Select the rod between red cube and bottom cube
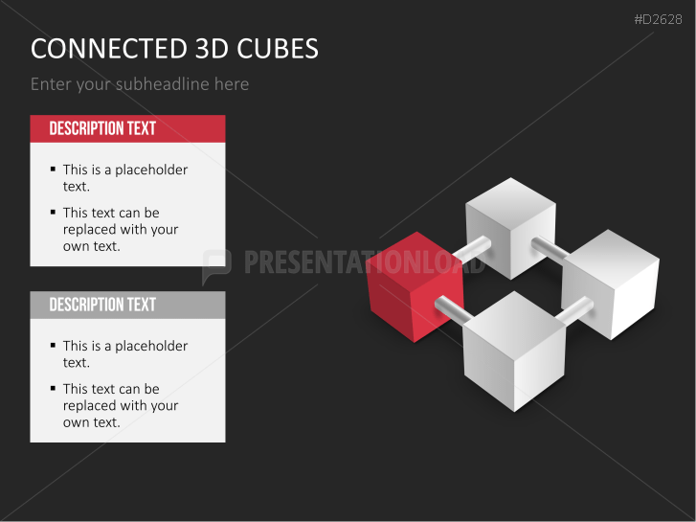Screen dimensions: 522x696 450,308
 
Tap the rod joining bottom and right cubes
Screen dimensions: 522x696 574,311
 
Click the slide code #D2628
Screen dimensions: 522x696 658,19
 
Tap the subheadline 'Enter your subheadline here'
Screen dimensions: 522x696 140,84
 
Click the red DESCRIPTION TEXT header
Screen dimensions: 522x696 127,128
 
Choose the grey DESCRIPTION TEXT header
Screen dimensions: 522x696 127,305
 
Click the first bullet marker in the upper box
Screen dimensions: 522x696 53,170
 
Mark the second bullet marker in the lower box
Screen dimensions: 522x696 53,389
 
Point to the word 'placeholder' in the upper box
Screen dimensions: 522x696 151,170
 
